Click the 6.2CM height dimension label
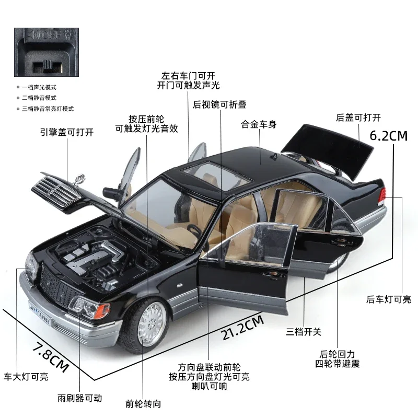[388, 135]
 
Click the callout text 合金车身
[259, 125]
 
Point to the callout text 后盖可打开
[358, 118]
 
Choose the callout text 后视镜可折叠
[219, 104]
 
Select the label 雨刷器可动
[80, 398]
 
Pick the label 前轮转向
[143, 403]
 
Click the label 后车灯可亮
[388, 299]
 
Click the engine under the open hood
[92, 258]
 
